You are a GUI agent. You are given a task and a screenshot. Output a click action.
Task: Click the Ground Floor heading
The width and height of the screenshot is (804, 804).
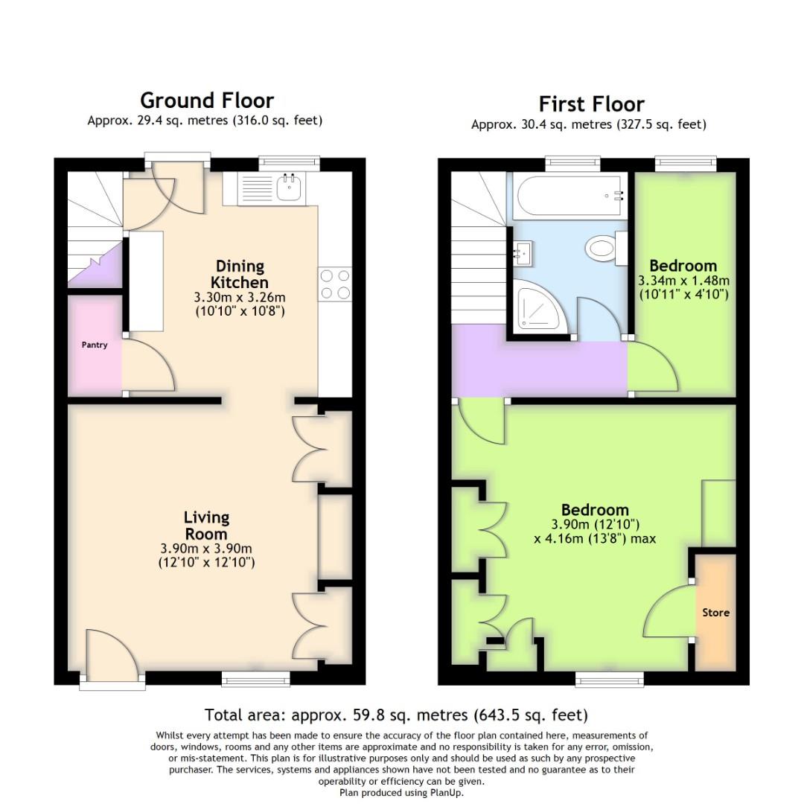207,100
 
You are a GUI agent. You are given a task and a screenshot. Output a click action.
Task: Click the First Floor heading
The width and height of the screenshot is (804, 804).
591,103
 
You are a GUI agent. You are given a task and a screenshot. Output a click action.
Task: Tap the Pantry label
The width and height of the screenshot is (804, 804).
95,345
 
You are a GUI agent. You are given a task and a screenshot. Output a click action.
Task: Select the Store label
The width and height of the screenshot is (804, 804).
715,613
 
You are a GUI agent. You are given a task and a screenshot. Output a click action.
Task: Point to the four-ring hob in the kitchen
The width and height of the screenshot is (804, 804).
335,284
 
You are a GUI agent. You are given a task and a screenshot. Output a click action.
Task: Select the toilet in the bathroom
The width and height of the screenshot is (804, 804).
602,249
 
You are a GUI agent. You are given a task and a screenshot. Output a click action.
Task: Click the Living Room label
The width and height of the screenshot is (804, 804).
207,525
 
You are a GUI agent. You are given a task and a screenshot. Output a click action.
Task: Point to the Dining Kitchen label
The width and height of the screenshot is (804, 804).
240,274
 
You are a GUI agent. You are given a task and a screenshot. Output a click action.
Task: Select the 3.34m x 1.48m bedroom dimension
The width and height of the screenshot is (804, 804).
683,281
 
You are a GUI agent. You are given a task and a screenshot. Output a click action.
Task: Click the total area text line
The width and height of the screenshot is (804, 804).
396,715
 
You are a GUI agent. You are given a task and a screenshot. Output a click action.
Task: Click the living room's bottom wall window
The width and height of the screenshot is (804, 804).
256,677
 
